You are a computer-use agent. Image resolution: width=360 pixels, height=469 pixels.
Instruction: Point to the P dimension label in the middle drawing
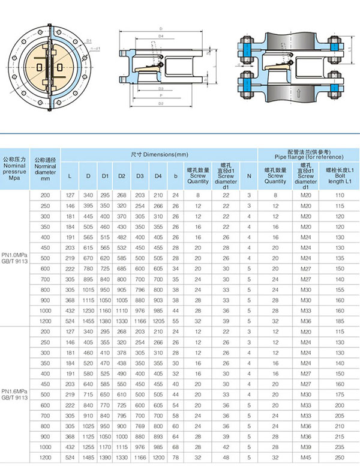tap(160, 95)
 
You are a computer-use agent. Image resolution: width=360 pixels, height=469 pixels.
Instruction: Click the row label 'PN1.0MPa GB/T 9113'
tap(16, 258)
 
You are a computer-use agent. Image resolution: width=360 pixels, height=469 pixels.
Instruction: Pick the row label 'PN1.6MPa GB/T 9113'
tap(16, 393)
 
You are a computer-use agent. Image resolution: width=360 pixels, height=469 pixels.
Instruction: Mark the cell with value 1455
tap(88, 321)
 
